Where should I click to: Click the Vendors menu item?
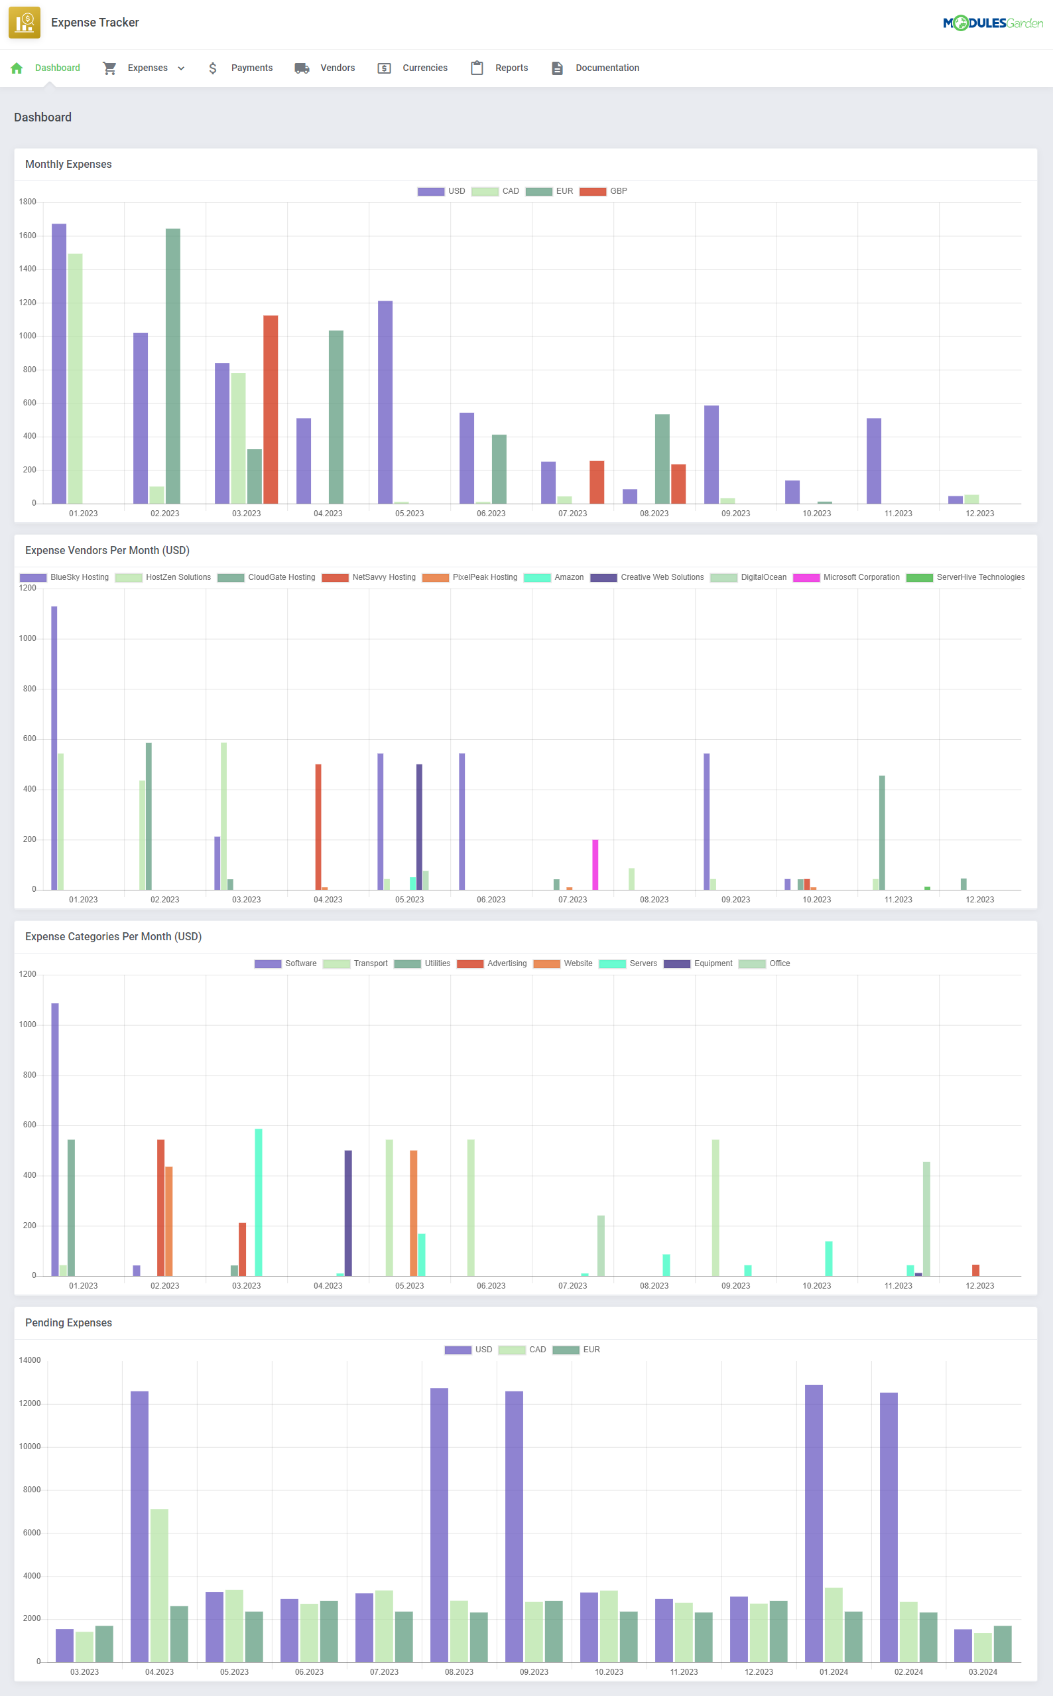click(337, 68)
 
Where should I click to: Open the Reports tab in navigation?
click(511, 68)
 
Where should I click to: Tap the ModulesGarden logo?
click(993, 23)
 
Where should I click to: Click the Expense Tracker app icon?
click(25, 23)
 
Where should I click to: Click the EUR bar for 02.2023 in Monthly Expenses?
click(172, 366)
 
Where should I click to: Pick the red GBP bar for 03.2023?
click(271, 409)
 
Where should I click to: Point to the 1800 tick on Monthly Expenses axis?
click(27, 202)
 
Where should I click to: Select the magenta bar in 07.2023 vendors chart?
click(595, 864)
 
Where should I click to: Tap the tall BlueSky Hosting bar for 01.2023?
click(54, 747)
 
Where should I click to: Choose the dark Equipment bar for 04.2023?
click(348, 1212)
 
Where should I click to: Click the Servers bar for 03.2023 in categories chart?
click(259, 1202)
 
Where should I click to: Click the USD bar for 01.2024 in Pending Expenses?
click(814, 1523)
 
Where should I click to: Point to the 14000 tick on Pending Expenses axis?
click(29, 1360)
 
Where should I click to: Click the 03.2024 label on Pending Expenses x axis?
click(982, 1671)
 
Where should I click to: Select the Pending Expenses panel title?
click(68, 1322)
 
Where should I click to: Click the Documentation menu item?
click(607, 68)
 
